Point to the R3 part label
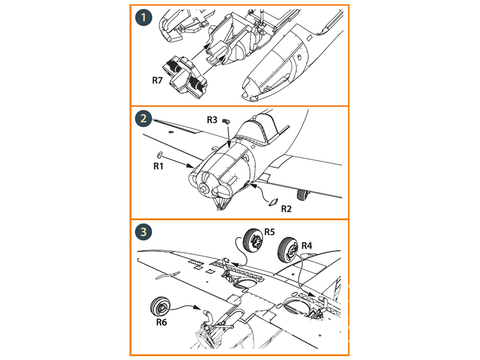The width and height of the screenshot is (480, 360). (x=213, y=120)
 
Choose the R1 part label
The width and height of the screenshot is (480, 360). (x=159, y=166)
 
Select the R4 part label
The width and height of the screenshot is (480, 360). (x=307, y=246)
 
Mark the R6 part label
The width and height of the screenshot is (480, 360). (x=162, y=322)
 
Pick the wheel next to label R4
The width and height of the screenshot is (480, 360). (x=288, y=250)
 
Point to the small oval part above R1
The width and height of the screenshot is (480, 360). (x=160, y=155)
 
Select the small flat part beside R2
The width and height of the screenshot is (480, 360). (x=274, y=202)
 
